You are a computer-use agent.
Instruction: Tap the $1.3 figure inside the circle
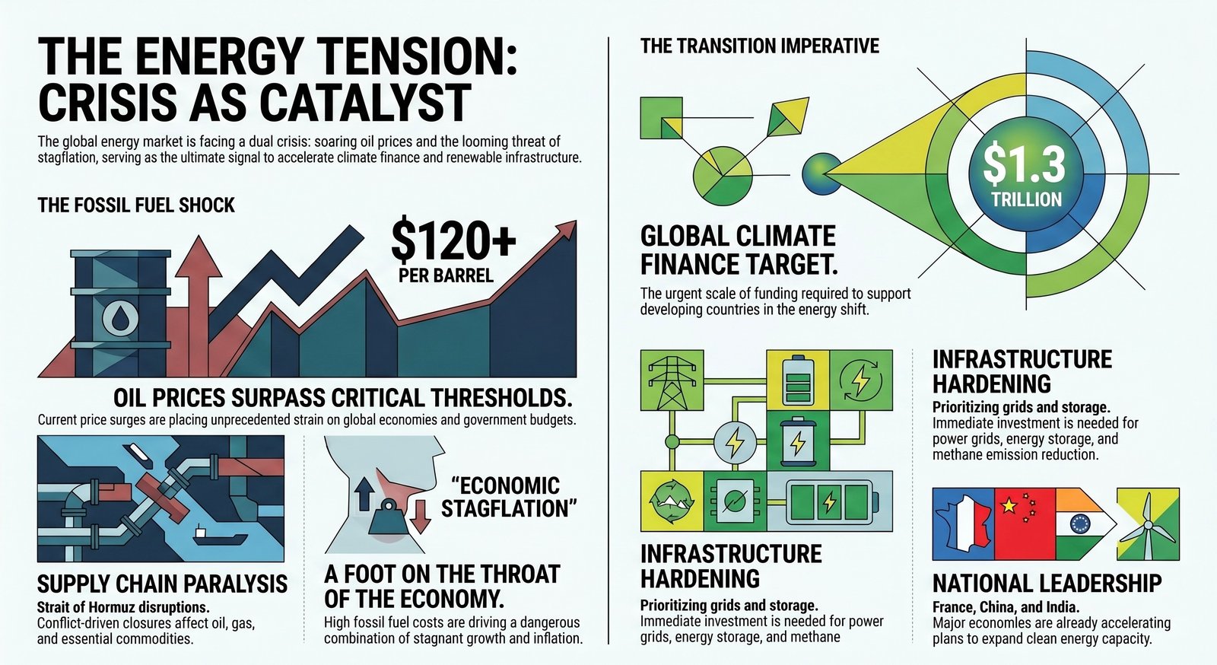(1024, 165)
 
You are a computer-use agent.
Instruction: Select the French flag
(963, 524)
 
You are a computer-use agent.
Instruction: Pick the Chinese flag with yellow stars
(1025, 524)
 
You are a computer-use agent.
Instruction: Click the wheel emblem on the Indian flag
(1079, 524)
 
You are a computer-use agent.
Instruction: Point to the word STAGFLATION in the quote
(509, 509)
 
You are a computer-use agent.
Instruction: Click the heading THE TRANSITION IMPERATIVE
(760, 46)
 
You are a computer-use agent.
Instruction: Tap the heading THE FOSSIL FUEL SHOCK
(136, 205)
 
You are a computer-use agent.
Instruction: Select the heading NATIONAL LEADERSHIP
(1047, 584)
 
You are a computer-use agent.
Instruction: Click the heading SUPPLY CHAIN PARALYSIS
(162, 584)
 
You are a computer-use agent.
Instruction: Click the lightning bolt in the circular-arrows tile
(860, 380)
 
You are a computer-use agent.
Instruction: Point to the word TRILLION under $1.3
(1026, 199)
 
